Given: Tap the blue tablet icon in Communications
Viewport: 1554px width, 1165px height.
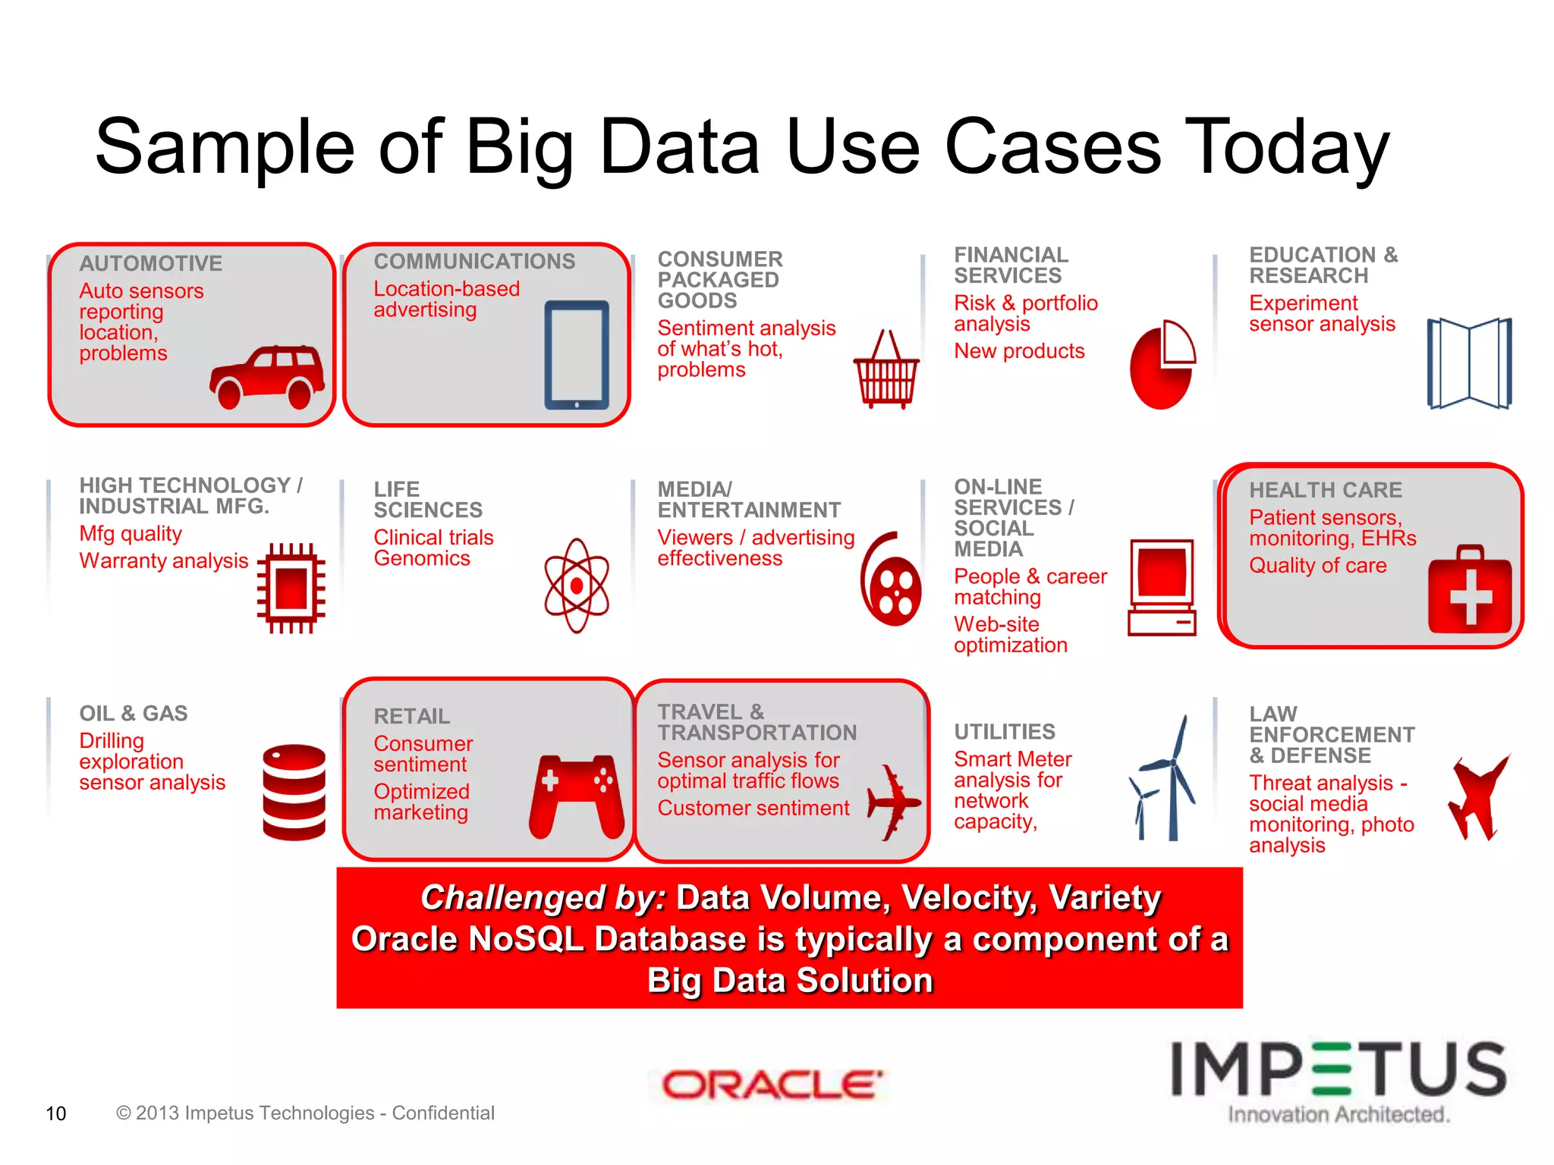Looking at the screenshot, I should coord(577,355).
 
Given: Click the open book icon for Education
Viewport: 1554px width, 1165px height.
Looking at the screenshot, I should coord(1469,363).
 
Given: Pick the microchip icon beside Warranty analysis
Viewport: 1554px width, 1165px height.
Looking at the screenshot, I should coord(291,588).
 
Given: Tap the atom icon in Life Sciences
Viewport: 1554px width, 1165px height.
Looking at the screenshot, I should coord(577,586).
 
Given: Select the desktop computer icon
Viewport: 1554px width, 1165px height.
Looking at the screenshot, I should coord(1162,588).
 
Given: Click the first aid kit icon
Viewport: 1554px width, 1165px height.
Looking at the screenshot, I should coord(1470,590).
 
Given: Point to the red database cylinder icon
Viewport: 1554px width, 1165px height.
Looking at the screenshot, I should coord(294,792).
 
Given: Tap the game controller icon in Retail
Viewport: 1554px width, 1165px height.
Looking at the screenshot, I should coord(577,796).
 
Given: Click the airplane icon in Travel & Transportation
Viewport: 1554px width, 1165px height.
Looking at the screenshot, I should coord(893,802).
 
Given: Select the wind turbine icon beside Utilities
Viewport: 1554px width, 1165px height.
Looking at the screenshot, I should coord(1165,781).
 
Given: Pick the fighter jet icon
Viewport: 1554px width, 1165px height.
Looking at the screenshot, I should coord(1477,796).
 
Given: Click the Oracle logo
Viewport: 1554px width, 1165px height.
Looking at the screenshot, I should coord(772,1085).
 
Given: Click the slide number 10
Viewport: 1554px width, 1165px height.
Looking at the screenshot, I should coord(56,1113).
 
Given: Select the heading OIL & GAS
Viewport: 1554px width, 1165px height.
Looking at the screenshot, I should coord(134,714).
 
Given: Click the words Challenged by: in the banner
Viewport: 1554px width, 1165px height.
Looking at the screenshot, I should coord(543,898).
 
